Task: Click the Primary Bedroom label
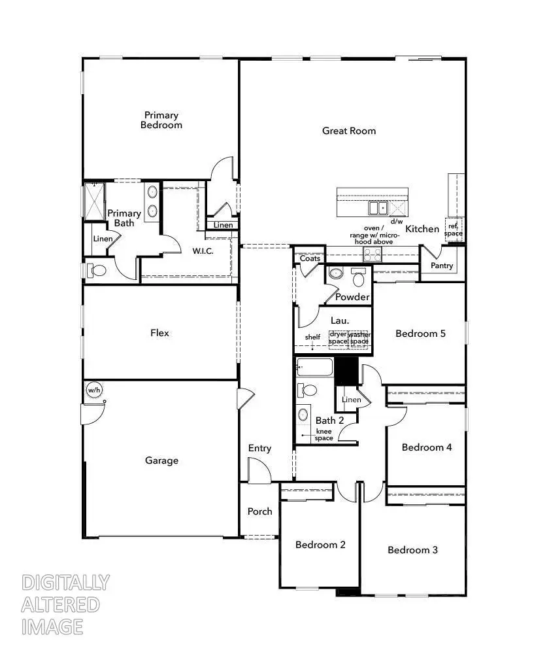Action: click(161, 120)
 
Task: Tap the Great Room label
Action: click(349, 131)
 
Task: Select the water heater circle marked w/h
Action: click(94, 390)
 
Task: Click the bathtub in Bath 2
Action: click(315, 368)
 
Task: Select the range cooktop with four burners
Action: click(373, 255)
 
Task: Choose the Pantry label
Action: click(442, 266)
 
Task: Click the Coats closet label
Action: click(310, 258)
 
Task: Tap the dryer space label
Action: click(338, 338)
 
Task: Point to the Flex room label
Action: click(159, 333)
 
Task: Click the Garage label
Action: click(161, 460)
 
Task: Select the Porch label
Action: click(259, 511)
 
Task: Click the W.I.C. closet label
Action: click(203, 250)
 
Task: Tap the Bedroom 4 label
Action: click(427, 447)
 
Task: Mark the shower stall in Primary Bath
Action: click(95, 201)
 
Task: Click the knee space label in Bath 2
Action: click(324, 435)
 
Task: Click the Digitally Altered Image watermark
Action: click(65, 604)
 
